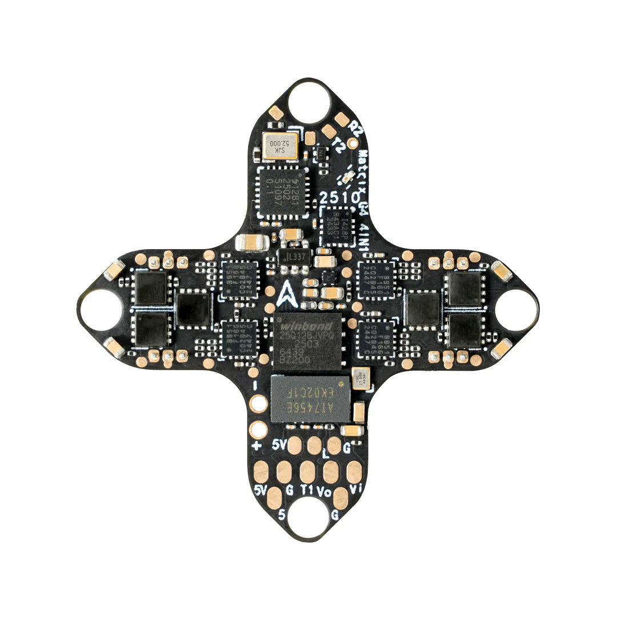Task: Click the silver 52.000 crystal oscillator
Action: point(280,146)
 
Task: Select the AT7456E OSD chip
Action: point(310,398)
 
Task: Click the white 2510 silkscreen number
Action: point(340,198)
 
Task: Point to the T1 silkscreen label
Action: point(307,490)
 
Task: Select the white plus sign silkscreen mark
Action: point(257,446)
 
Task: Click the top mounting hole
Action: point(309,103)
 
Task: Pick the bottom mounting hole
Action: point(308,517)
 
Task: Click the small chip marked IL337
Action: point(294,257)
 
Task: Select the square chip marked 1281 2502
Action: point(282,191)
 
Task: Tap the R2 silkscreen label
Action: point(356,129)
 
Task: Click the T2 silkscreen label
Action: point(339,146)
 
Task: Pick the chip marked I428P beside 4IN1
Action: point(338,226)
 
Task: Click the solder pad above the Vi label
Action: point(354,472)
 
